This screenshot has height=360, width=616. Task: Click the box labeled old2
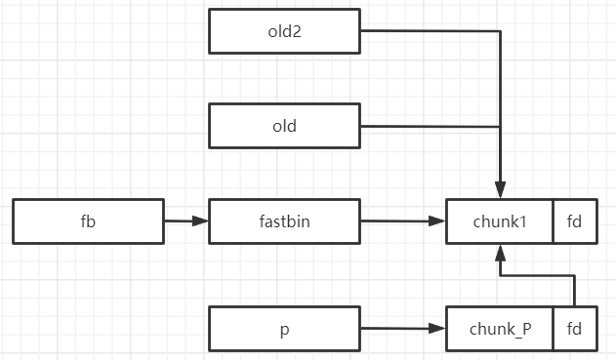click(284, 30)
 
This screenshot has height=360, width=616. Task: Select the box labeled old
click(284, 127)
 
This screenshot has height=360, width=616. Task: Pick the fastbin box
click(284, 221)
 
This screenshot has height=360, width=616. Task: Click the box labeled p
click(284, 330)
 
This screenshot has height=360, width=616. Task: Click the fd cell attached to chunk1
click(574, 221)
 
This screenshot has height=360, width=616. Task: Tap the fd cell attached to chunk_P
click(574, 330)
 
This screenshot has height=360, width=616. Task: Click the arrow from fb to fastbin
click(186, 221)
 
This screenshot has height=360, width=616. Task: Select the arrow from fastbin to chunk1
click(403, 221)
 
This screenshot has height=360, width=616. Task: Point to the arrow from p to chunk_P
click(403, 330)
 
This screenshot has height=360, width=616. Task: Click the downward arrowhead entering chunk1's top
click(500, 191)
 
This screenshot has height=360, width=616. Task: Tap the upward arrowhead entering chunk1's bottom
click(500, 252)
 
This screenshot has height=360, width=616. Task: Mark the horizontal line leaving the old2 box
click(430, 30)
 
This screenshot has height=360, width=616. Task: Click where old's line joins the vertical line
click(500, 127)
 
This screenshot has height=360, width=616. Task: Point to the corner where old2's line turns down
click(500, 30)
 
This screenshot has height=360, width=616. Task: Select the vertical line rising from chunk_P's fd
click(574, 291)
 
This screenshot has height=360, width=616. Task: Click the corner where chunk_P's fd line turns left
click(574, 274)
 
